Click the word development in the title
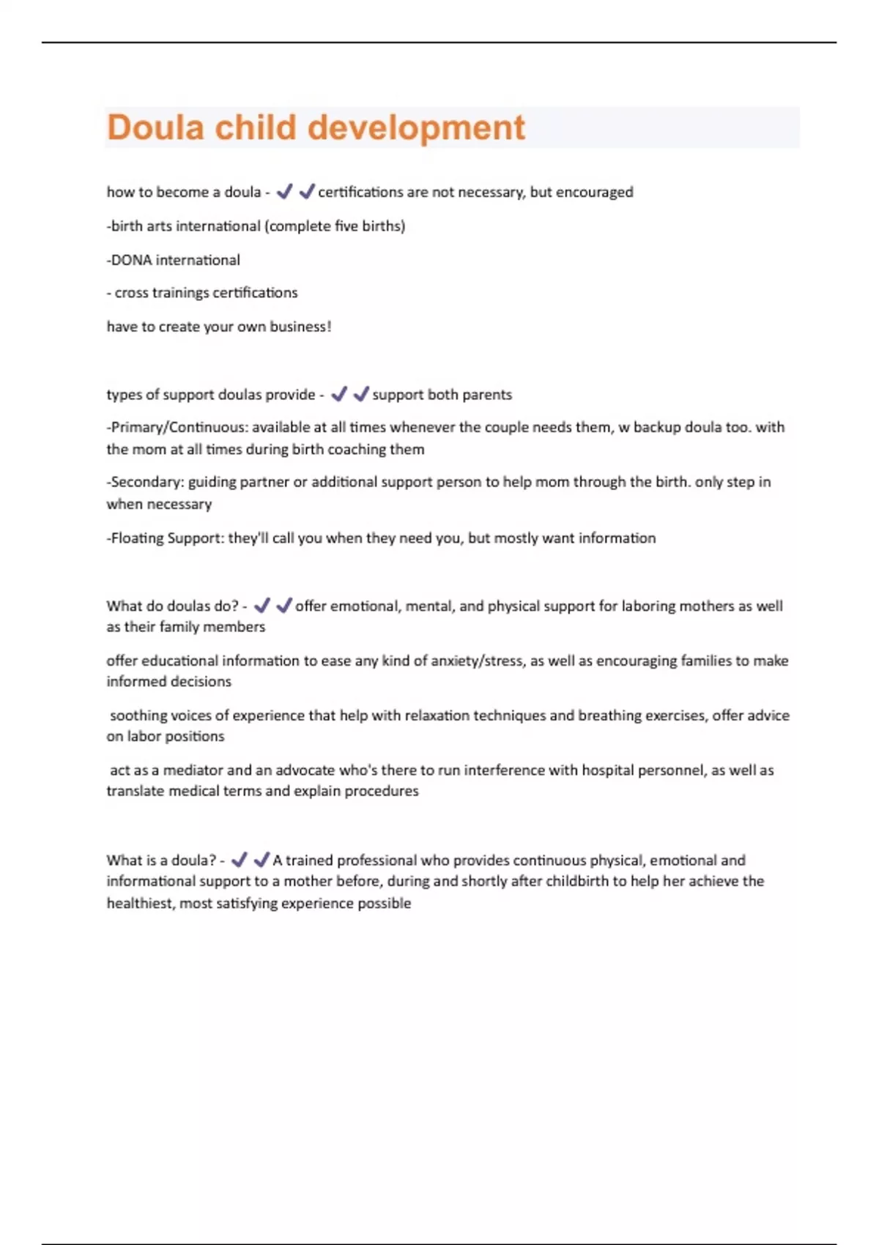pos(416,127)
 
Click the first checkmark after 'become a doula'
pos(284,192)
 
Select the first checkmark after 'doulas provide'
pos(338,395)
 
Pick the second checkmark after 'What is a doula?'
pos(261,860)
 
